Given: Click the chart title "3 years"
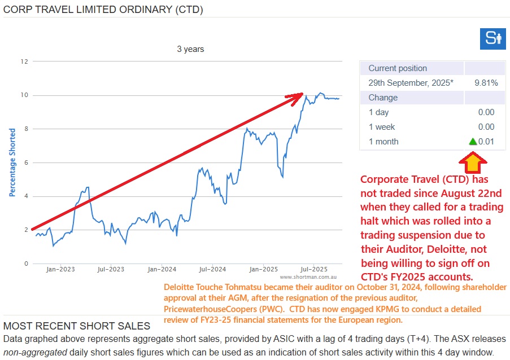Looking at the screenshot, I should point(190,49).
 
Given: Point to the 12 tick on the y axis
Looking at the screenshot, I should point(24,61).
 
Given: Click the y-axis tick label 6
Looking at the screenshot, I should point(26,163).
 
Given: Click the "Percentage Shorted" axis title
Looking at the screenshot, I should point(12,163).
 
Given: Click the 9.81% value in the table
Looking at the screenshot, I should point(486,83).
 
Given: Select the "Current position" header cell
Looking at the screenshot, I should point(398,68).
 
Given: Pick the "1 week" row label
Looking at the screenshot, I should point(382,127).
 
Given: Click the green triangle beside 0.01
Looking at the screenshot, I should point(473,142).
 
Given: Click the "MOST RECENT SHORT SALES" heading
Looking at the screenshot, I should point(77,326).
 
